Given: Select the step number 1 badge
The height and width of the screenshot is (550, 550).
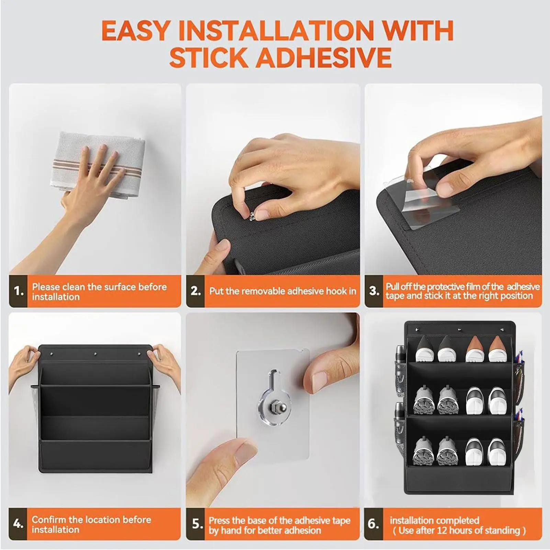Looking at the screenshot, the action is click(x=18, y=291).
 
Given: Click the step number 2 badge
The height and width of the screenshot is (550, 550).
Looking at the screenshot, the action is click(x=195, y=291).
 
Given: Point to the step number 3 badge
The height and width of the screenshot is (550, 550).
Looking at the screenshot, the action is click(x=374, y=291).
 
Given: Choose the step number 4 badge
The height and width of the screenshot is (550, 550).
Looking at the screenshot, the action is click(x=18, y=524).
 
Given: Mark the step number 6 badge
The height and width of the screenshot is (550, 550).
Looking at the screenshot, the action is click(x=374, y=524).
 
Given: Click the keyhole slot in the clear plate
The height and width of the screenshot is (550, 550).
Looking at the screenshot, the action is click(x=273, y=380).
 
